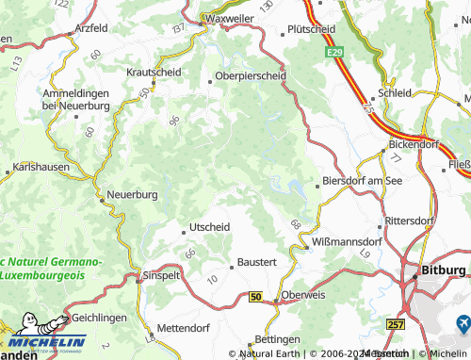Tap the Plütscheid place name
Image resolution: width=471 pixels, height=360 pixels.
coord(312,29)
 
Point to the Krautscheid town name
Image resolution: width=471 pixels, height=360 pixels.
coord(154,71)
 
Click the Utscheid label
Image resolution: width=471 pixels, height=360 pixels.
coord(210,227)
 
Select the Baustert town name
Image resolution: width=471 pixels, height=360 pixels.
coord(256,262)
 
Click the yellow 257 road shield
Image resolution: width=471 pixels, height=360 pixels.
coord(396,323)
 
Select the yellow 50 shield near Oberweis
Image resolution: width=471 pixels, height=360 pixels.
coord(255,297)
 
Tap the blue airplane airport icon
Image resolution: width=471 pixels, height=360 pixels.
coord(463,323)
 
